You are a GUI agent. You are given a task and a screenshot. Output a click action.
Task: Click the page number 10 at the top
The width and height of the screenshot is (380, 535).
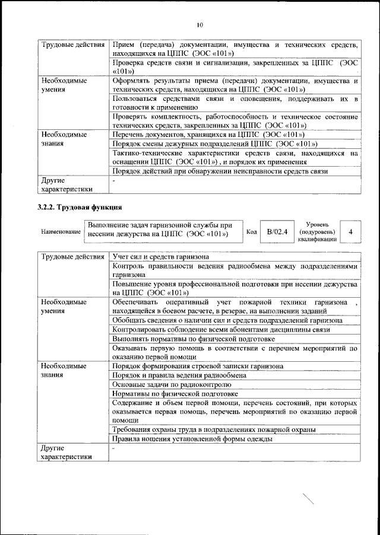199,25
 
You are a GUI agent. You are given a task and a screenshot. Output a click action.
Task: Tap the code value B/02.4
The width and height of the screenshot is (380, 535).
277,232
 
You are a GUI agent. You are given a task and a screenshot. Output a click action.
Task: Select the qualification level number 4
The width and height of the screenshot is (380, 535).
351,232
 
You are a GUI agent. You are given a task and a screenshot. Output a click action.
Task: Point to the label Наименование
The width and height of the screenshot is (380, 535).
60,232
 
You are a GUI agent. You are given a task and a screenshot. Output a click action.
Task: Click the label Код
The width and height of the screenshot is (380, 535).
251,232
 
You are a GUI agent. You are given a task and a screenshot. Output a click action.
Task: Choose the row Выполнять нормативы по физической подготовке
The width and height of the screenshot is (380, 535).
179,338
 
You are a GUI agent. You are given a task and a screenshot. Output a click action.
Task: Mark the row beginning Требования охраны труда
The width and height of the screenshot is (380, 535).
214,429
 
